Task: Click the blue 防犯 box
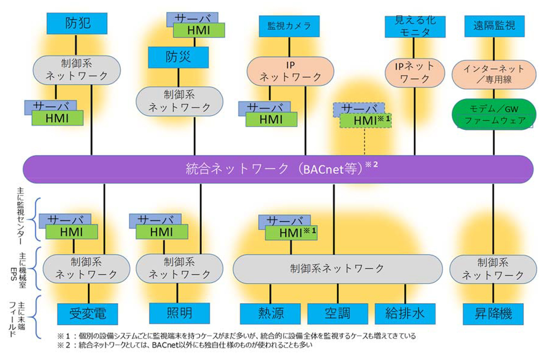pos(77,23)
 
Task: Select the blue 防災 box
pos(178,57)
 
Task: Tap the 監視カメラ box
pos(289,26)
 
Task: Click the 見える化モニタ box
pos(415,27)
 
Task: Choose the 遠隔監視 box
pos(494,26)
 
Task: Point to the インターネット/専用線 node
pos(494,74)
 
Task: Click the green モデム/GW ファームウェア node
pos(494,115)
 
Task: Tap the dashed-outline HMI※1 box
pos(366,121)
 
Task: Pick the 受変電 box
pos(87,314)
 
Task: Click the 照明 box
pos(179,313)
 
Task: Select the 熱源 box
pos(270,314)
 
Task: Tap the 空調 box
pos(337,314)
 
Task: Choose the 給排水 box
pos(405,314)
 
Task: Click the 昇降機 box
pos(493,314)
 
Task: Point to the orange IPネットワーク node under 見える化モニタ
pos(414,73)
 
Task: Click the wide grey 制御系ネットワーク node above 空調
pos(337,269)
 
